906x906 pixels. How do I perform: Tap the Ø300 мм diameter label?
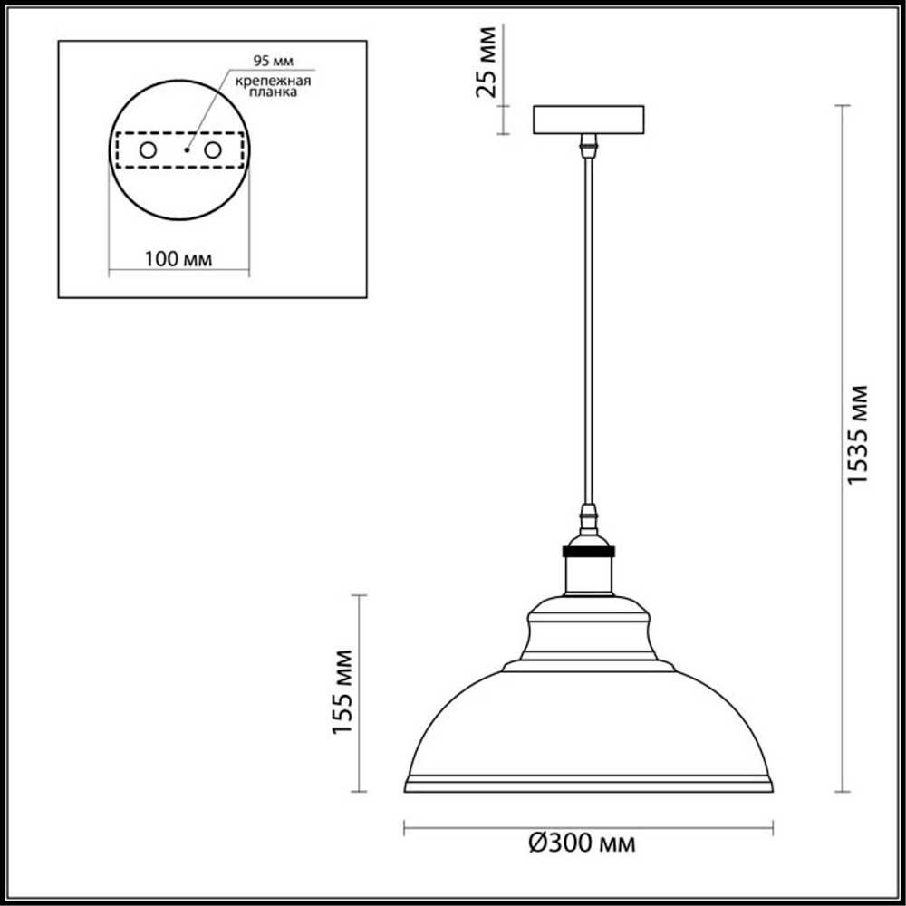[581, 844]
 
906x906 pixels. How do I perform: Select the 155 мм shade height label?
[342, 692]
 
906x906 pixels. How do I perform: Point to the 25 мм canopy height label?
[487, 63]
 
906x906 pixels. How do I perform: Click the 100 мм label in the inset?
[178, 258]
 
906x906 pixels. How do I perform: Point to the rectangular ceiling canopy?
[588, 120]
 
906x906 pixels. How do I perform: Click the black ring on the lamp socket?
[588, 550]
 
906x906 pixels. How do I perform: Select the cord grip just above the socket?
[589, 520]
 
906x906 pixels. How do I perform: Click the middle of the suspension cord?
[589, 331]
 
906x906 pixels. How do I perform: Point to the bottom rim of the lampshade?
[588, 785]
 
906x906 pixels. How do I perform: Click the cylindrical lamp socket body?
[588, 574]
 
